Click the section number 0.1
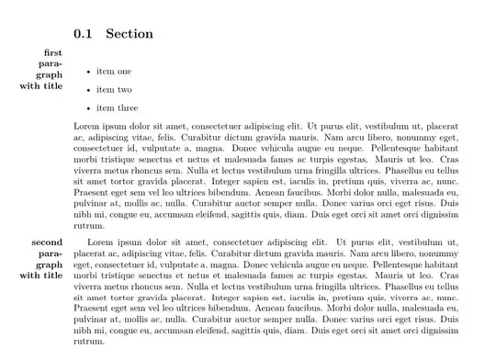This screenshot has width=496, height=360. (x=84, y=34)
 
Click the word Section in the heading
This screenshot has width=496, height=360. (x=130, y=34)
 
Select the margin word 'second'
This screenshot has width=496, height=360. (x=47, y=242)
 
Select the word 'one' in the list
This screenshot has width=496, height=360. (x=124, y=72)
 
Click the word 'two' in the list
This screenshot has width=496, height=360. (x=124, y=90)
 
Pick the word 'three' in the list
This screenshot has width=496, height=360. (x=127, y=108)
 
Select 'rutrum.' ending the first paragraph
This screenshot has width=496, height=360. (x=89, y=225)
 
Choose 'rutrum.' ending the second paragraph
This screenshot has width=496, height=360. (x=89, y=342)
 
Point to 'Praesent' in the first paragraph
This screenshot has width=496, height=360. (x=91, y=192)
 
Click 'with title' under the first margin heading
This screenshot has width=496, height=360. (x=41, y=86)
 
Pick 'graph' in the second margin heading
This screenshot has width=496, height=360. (x=49, y=264)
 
